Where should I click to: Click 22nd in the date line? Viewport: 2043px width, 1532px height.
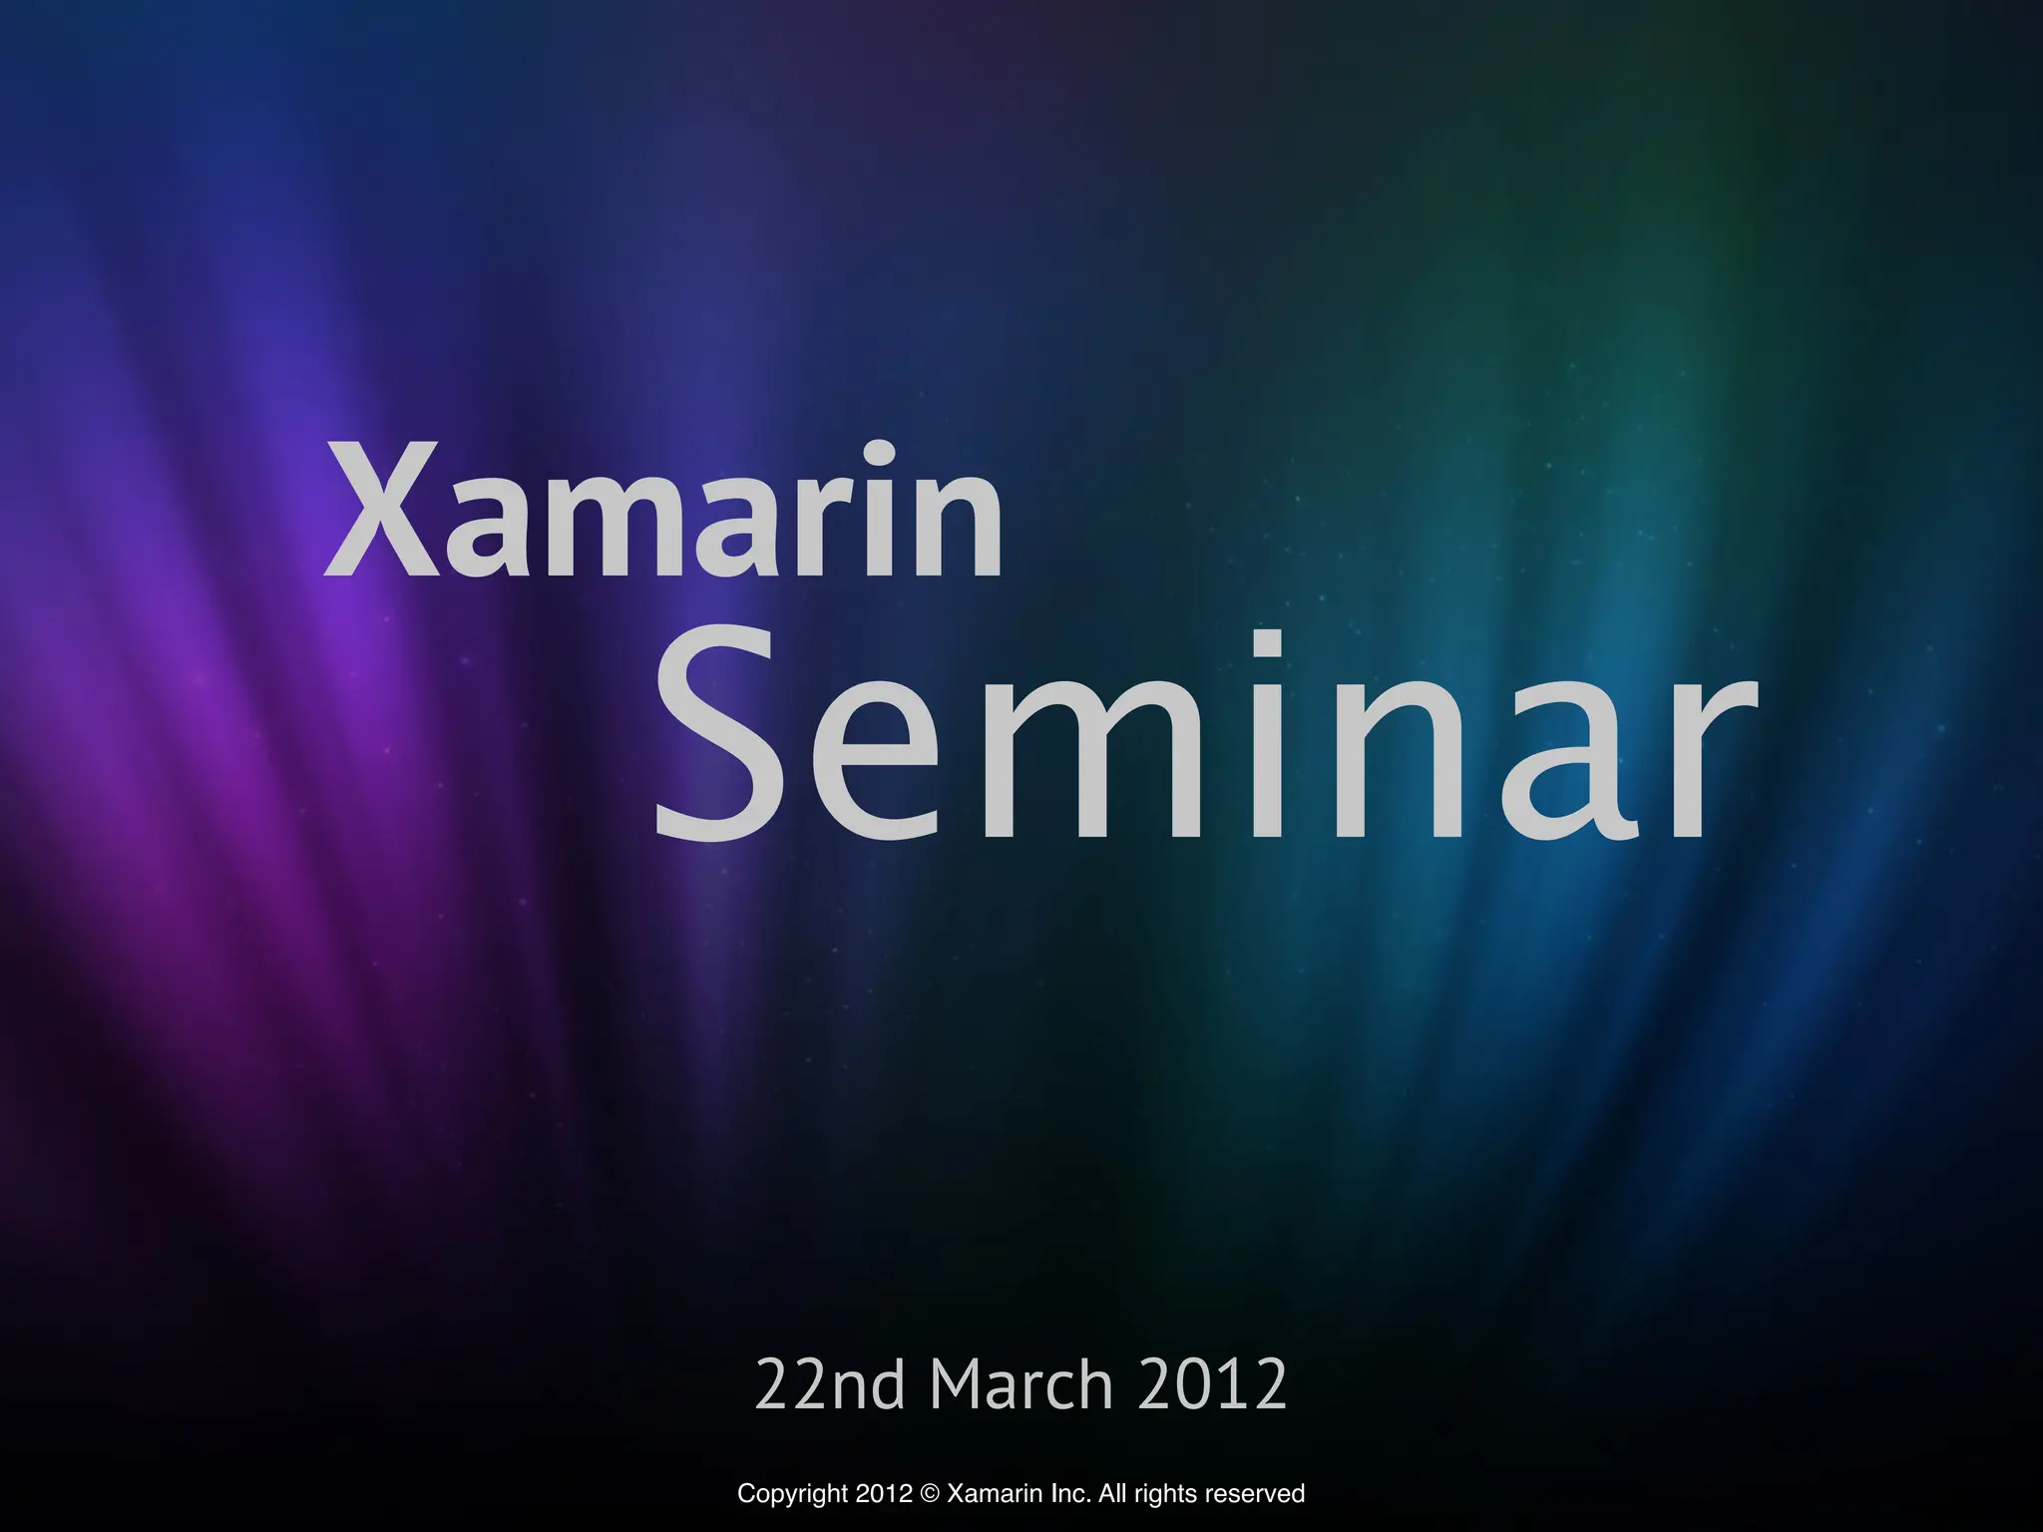pos(830,1384)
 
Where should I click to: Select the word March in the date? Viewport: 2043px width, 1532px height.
pos(1021,1384)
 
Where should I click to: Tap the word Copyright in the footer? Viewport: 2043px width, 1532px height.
pos(793,1494)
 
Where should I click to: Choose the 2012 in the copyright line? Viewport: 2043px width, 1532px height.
pos(884,1494)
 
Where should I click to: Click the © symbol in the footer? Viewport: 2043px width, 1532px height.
pos(930,1494)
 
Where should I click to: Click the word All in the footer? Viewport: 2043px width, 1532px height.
pos(1112,1494)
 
